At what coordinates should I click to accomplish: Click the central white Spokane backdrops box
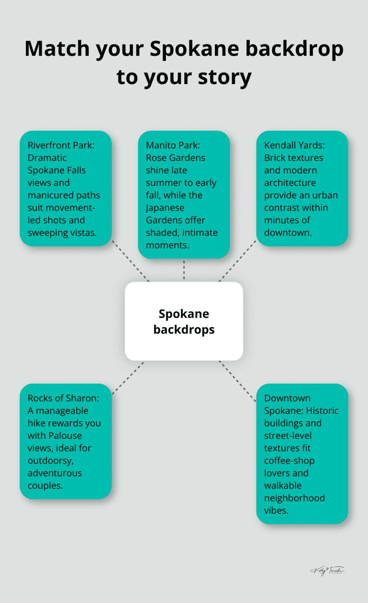tap(184, 321)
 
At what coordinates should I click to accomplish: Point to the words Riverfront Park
tap(61, 145)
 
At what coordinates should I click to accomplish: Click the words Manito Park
tap(173, 145)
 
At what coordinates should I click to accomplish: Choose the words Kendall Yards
tap(294, 145)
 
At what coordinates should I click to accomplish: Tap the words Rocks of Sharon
tap(63, 398)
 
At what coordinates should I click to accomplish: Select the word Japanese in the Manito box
tap(165, 208)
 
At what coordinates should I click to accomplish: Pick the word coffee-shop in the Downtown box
tap(289, 461)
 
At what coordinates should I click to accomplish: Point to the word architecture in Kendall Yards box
tap(290, 183)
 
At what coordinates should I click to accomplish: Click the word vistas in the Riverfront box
tap(82, 233)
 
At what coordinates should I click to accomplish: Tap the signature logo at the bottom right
tap(327, 571)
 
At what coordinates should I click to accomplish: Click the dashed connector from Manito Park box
tap(184, 270)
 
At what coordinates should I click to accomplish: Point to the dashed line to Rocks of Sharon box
tap(128, 378)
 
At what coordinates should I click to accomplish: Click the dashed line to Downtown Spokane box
tap(238, 381)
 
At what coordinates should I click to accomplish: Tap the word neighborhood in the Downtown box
tap(294, 498)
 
